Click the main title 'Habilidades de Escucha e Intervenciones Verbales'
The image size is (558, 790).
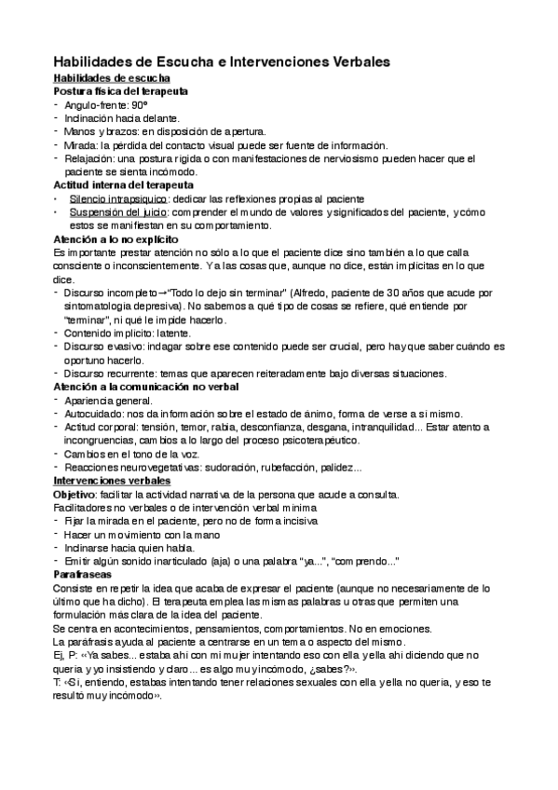tap(222, 61)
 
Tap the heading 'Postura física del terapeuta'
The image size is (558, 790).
tap(122, 92)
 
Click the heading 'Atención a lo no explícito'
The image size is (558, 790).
tap(117, 240)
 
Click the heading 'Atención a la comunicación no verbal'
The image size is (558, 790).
tap(147, 387)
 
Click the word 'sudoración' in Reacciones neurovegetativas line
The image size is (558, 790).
tap(223, 467)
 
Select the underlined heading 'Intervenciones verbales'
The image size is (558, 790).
tap(111, 481)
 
